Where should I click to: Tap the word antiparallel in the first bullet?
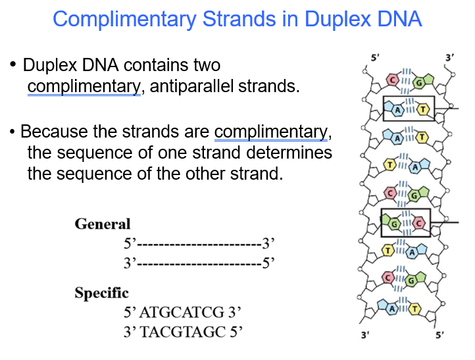click(192, 86)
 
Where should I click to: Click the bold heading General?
click(103, 224)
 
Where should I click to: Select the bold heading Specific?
click(101, 293)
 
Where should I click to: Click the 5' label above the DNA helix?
click(374, 58)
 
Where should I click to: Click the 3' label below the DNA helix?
click(365, 336)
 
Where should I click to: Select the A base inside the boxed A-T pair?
click(397, 109)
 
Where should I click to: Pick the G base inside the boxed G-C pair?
click(394, 223)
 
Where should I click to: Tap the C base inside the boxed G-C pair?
click(419, 223)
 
